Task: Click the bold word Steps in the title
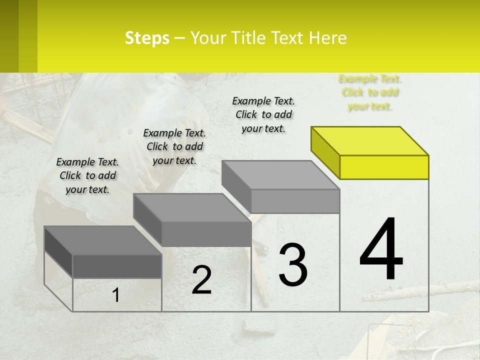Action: [147, 38]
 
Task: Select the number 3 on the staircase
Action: [293, 265]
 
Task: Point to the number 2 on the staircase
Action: [202, 280]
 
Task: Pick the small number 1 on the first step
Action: [116, 295]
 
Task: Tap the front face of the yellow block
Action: [384, 167]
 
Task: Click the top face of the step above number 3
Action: [280, 174]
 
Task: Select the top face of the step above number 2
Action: [191, 207]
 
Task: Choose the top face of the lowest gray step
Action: [102, 240]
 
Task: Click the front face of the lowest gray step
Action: [117, 266]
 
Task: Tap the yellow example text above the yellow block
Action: [370, 92]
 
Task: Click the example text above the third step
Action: [263, 114]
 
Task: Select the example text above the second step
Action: [174, 146]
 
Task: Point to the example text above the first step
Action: [87, 175]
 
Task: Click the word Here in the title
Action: [328, 38]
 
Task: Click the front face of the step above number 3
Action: [295, 201]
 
